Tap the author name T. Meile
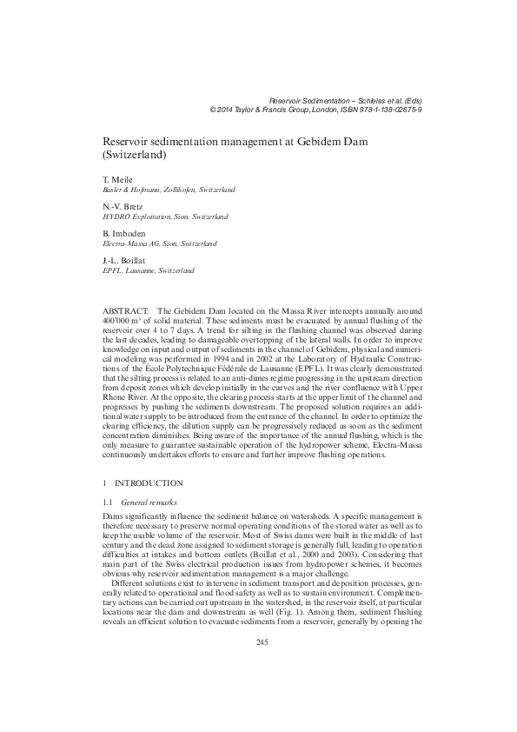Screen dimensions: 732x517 pyautogui.click(x=118, y=178)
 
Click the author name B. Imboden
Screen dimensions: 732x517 pyautogui.click(x=125, y=234)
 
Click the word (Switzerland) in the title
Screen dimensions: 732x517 pyautogui.click(x=135, y=155)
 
